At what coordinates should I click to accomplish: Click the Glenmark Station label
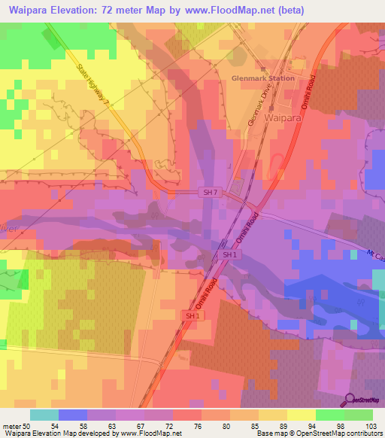(263, 78)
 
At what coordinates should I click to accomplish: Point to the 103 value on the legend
(369, 425)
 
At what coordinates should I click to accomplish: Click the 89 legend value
(290, 425)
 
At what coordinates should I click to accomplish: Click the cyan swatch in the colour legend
(44, 415)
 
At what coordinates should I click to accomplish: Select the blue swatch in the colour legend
(72, 415)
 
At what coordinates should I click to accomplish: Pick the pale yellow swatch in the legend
(302, 415)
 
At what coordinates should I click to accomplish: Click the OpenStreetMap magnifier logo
(350, 399)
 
